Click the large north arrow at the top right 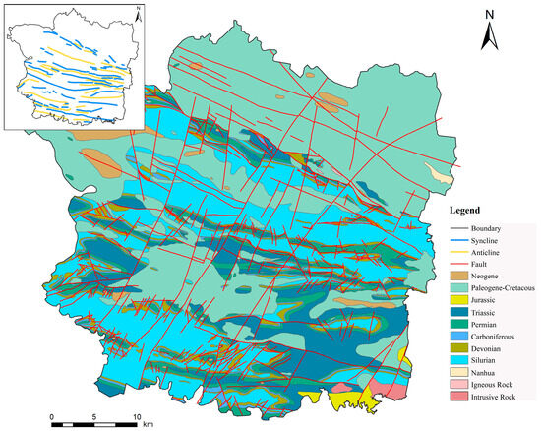click(x=486, y=31)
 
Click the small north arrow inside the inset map click(x=140, y=13)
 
